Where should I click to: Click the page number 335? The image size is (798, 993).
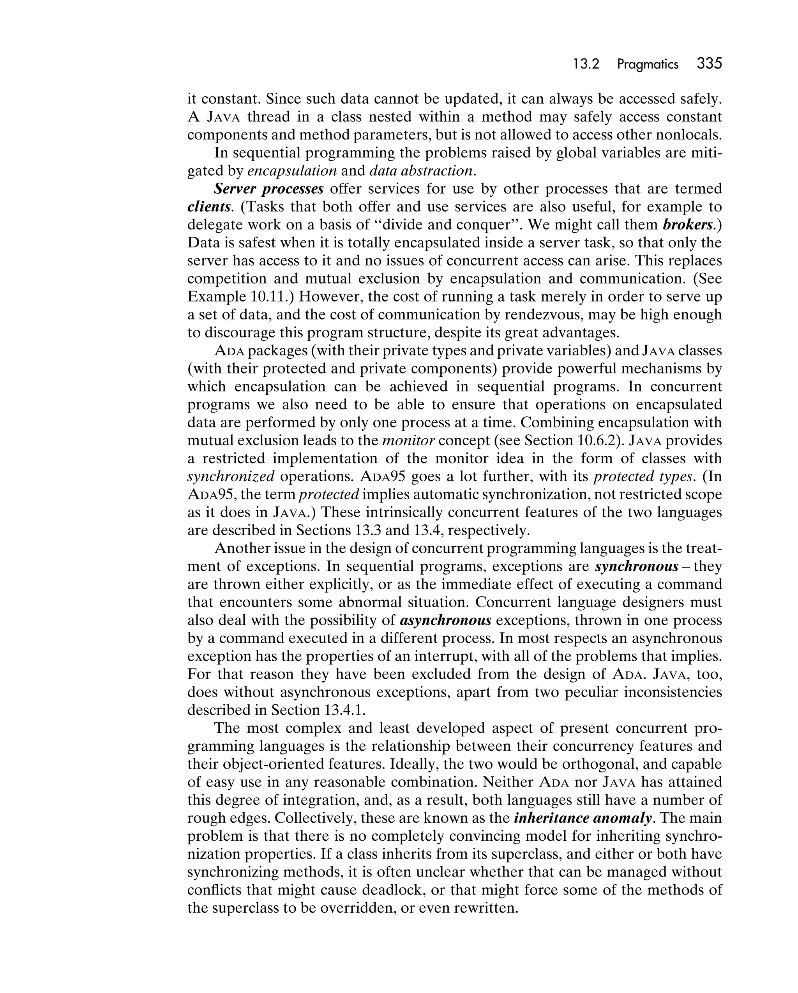(x=709, y=63)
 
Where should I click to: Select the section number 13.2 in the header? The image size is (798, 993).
(x=586, y=65)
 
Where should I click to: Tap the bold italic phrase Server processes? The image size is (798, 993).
(x=268, y=189)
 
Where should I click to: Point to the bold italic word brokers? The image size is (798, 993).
(x=688, y=225)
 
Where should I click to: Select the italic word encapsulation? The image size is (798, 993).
(x=292, y=171)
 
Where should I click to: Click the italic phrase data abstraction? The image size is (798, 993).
(x=421, y=171)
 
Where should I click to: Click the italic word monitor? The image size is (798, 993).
(x=408, y=440)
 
